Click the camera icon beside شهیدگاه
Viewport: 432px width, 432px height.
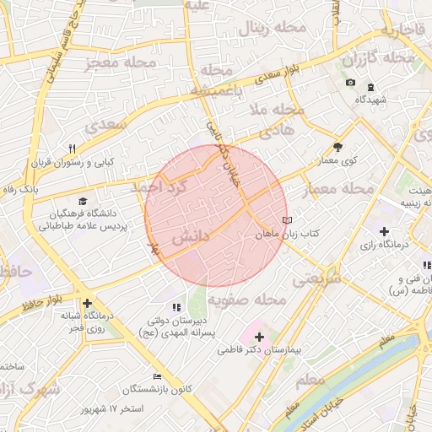pyautogui.click(x=350, y=83)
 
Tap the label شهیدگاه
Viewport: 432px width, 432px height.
pyautogui.click(x=370, y=100)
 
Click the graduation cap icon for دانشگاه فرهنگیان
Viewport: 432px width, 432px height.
pyautogui.click(x=83, y=201)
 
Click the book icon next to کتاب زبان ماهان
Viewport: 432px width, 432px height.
pyautogui.click(x=287, y=219)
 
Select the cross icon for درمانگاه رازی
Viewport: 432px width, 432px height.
pyautogui.click(x=385, y=231)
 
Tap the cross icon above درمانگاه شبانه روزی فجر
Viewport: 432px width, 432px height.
pyautogui.click(x=86, y=303)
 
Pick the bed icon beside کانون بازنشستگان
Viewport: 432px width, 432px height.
pyautogui.click(x=156, y=376)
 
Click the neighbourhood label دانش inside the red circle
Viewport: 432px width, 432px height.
pyautogui.click(x=191, y=240)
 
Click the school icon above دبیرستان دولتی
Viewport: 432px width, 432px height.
pyautogui.click(x=176, y=308)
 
